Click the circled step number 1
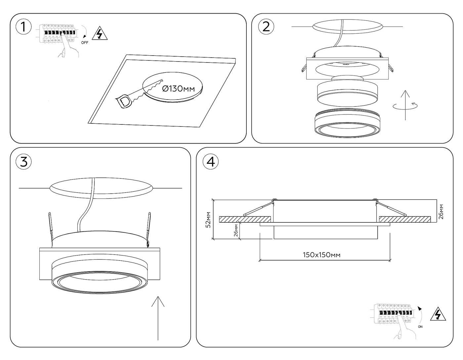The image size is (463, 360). click(24, 27)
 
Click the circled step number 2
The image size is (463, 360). click(266, 27)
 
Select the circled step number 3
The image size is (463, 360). click(24, 162)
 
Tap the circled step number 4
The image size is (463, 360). click(211, 162)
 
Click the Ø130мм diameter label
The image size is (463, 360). click(178, 89)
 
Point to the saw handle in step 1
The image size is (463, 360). click(123, 102)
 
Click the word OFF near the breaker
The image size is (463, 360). click(85, 43)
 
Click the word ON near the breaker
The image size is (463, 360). click(420, 327)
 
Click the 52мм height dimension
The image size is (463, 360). click(208, 220)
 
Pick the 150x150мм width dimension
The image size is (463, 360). click(321, 255)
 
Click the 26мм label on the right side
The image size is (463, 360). click(441, 212)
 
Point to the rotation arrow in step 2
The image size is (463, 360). click(405, 106)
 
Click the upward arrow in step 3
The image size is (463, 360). click(158, 318)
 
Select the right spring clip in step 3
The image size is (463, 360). click(149, 229)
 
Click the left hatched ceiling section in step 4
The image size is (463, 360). click(245, 219)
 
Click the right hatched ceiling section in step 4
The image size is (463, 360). click(405, 219)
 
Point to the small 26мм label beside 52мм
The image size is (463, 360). click(236, 230)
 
